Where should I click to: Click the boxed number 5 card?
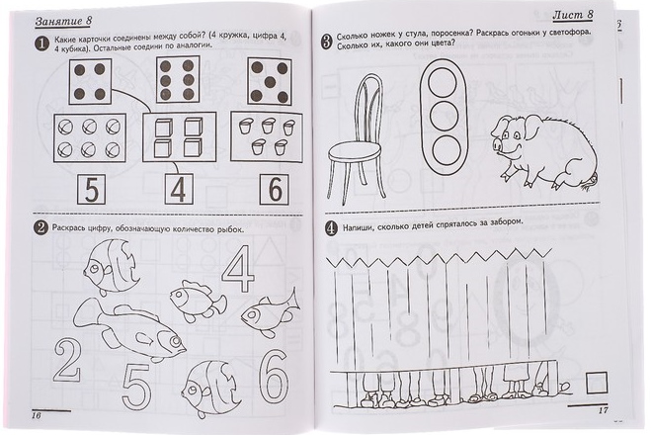tap(91, 190)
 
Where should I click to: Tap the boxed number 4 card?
tap(179, 189)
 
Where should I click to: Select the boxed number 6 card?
tap(275, 190)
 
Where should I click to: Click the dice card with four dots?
tap(90, 81)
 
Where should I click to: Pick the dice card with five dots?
tap(269, 81)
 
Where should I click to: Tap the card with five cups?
tap(267, 136)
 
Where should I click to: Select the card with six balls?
tap(90, 138)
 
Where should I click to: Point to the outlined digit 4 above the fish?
tap(238, 270)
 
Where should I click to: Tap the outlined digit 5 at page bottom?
tap(137, 387)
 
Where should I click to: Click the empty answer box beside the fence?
tap(597, 383)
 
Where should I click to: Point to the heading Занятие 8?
tap(63, 21)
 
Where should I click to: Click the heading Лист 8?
tap(573, 15)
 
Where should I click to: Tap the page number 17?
tap(603, 410)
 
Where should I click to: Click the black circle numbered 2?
tap(41, 228)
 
